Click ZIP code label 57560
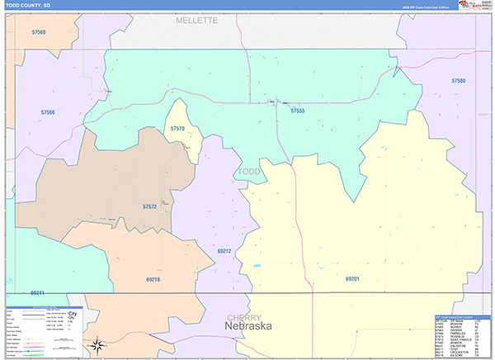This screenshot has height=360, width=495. (x=35, y=32)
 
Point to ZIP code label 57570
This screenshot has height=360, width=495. (x=179, y=130)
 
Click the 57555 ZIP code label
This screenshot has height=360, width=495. (x=298, y=111)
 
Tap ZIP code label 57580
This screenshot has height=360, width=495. (x=459, y=81)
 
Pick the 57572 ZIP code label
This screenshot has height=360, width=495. (x=150, y=206)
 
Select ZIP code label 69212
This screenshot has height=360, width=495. (x=224, y=250)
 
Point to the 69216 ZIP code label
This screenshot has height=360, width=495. (x=153, y=281)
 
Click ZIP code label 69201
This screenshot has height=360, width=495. (x=352, y=279)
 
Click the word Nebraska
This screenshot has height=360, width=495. (x=248, y=327)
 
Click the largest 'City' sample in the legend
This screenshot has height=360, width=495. (x=72, y=315)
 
